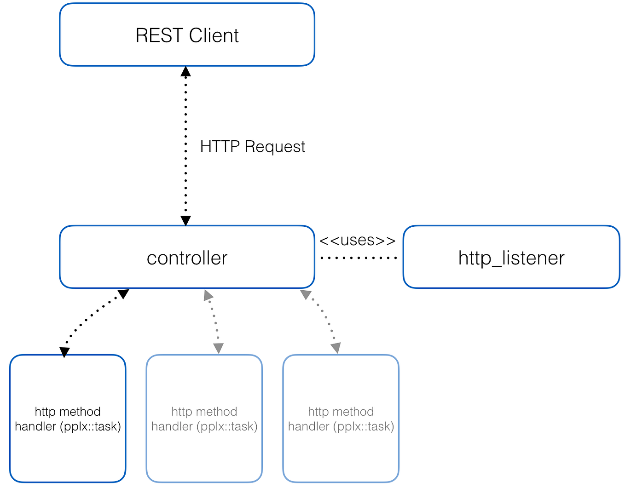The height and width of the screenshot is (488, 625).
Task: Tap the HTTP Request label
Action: pos(252,147)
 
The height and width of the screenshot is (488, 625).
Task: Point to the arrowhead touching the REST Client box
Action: pos(185,72)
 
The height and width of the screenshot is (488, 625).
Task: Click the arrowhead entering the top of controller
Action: pos(185,220)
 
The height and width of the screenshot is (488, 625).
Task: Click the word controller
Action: pos(187,258)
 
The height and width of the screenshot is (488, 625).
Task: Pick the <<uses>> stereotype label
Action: pos(357,241)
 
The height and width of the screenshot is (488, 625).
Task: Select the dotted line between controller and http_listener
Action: pos(359,258)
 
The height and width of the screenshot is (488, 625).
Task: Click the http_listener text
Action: pos(511,258)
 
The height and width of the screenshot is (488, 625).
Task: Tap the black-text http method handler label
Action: pos(68,419)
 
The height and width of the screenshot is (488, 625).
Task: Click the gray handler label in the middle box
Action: pos(204,419)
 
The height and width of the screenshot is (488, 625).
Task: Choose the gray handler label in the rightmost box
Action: pos(341,419)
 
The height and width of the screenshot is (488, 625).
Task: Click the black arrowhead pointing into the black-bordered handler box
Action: pos(65,352)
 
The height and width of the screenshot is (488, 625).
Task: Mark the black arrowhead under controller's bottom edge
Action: pos(123,294)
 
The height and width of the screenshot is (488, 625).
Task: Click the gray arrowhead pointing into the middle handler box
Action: pos(218,348)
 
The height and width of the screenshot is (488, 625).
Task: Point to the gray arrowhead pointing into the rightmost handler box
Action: pos(336,348)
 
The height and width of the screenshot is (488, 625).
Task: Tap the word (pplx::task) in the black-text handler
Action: pos(90,427)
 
